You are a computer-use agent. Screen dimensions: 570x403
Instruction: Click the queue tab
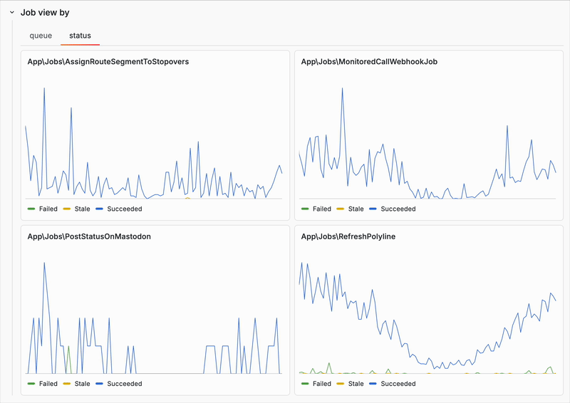coord(41,36)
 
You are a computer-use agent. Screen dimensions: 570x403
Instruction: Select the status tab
coord(80,36)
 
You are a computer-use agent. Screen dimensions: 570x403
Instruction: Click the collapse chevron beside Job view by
coord(12,12)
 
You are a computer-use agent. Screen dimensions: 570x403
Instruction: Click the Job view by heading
coord(45,12)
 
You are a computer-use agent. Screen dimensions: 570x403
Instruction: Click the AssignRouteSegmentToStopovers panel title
coord(108,62)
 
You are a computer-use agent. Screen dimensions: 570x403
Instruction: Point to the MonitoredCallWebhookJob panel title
coord(369,62)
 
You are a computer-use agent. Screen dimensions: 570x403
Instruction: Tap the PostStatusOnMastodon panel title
coord(89,236)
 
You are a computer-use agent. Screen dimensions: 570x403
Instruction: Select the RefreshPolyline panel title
coord(348,236)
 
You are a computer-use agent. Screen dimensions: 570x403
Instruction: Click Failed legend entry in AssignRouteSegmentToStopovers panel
coord(43,209)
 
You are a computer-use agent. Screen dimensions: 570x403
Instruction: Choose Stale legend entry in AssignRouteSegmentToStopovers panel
coord(76,209)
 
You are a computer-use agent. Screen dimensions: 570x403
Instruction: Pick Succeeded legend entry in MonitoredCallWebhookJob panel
coord(393,209)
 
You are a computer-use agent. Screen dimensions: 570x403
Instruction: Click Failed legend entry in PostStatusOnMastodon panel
coord(43,384)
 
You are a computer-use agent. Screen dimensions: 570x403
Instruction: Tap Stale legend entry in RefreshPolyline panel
coord(350,384)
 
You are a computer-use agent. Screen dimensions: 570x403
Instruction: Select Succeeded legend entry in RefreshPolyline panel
coord(393,384)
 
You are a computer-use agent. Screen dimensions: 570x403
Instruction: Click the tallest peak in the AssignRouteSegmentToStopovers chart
coord(44,88)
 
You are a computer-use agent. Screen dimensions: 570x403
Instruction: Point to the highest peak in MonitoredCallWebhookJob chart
coord(342,88)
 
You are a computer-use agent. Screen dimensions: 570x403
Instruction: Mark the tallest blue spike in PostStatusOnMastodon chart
coord(44,263)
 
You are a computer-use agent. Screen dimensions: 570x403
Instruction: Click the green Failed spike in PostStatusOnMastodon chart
coord(68,347)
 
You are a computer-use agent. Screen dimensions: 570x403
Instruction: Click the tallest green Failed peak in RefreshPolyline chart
coord(329,363)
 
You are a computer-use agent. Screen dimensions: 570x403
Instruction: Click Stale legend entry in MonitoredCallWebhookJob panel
coord(350,209)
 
